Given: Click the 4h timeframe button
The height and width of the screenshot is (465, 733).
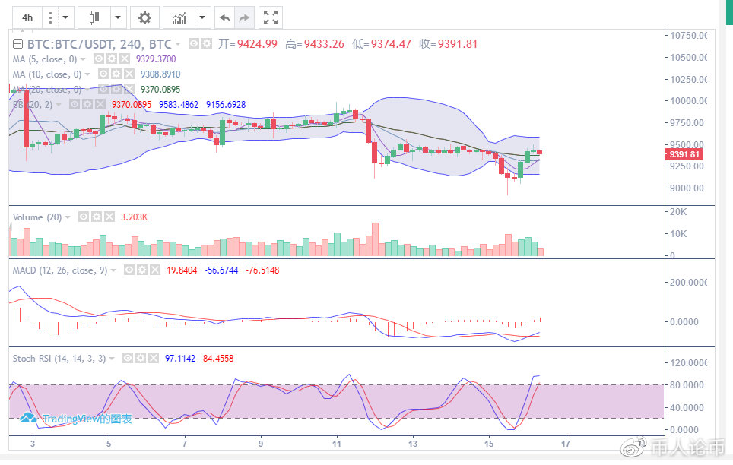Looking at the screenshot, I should point(27,17).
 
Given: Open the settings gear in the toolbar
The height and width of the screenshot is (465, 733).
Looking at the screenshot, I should point(144,17).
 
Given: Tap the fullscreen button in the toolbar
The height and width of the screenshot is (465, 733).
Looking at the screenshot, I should point(270,17).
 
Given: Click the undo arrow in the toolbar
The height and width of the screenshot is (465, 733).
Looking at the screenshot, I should point(224,17).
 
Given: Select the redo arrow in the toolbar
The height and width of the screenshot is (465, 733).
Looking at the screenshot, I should point(244,17).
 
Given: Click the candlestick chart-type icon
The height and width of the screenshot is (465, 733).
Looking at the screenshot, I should point(94,17).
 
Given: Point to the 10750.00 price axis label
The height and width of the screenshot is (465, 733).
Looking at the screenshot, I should point(687,36).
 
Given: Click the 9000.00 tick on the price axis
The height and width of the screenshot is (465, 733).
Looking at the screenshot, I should point(684,188).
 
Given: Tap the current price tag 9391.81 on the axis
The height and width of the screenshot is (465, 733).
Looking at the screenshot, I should point(684,154).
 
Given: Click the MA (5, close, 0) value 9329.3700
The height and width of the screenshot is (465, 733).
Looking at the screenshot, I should point(155,59).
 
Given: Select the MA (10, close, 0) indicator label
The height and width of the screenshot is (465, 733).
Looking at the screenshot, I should point(47,74).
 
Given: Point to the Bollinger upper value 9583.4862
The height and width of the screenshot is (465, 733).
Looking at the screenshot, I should point(178,105).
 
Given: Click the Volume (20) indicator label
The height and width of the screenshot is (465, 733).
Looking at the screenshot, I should point(37,217).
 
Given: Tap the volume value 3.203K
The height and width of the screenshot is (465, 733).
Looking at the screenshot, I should point(135,217).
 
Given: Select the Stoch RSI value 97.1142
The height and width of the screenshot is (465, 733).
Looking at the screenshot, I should point(179,358).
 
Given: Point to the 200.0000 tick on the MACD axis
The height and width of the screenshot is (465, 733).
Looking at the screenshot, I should point(687,283).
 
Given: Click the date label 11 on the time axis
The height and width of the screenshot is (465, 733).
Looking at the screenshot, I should point(337,442).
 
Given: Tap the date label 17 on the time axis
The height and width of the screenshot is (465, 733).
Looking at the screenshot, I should point(564,442).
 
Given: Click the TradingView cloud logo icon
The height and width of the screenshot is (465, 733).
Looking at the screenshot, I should point(29,417).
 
